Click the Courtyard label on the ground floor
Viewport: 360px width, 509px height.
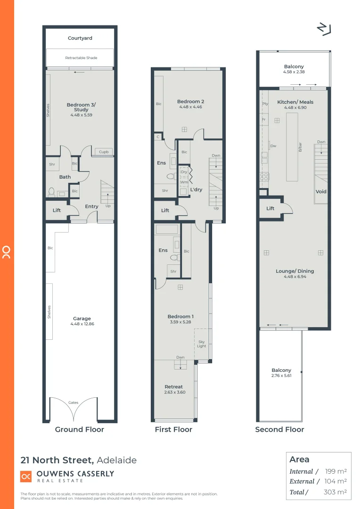[80, 38]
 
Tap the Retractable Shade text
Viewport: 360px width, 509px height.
[81, 58]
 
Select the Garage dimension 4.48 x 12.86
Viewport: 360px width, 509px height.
[82, 324]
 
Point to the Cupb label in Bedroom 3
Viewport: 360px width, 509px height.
[104, 152]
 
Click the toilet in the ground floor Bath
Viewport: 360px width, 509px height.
[51, 192]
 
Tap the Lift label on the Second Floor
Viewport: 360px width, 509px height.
[270, 208]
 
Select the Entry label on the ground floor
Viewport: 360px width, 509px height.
[91, 206]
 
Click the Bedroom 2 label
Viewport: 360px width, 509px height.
[190, 101]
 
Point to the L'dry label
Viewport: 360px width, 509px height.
[196, 189]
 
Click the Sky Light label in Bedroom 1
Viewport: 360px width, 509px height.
[202, 344]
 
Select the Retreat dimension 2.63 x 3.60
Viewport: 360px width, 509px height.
[174, 392]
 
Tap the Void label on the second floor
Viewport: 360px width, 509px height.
[321, 192]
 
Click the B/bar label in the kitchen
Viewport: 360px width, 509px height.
[300, 147]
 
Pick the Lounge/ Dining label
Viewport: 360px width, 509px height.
[295, 271]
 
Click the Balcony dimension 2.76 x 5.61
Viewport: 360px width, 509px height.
[281, 376]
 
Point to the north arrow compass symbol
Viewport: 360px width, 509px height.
[324, 29]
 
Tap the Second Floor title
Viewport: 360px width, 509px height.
[279, 429]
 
